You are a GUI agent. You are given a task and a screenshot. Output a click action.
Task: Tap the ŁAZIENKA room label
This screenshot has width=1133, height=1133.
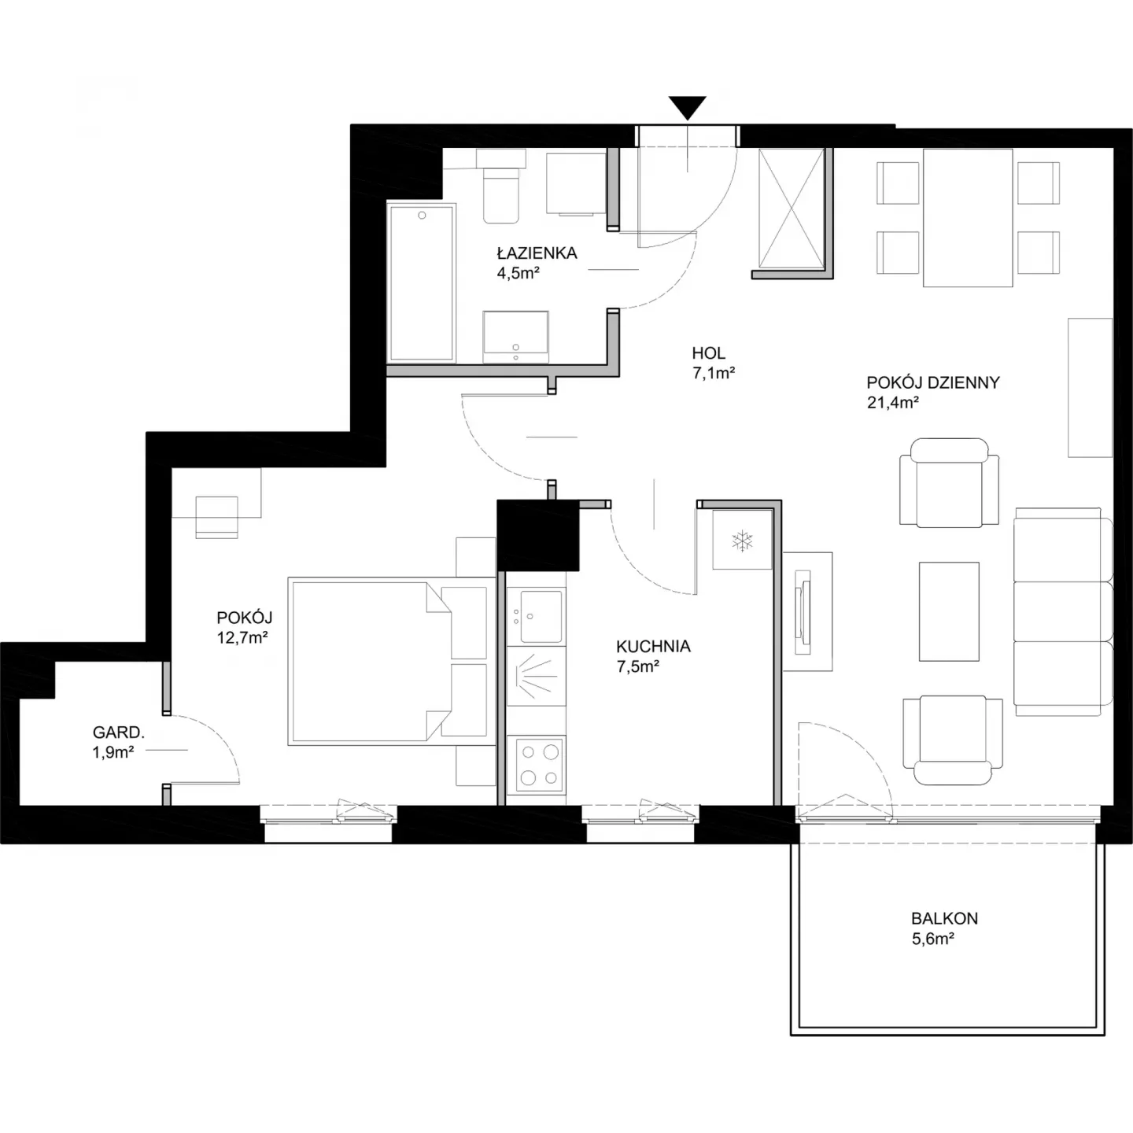pyautogui.click(x=537, y=253)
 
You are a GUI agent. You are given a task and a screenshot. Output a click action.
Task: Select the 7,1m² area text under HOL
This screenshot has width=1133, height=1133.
pyautogui.click(x=714, y=373)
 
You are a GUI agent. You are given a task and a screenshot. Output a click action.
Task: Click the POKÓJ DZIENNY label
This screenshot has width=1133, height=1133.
pyautogui.click(x=933, y=382)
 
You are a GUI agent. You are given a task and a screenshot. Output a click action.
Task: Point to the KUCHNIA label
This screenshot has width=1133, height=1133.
pyautogui.click(x=653, y=647)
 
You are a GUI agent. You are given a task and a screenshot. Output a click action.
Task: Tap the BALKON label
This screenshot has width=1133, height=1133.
pyautogui.click(x=944, y=918)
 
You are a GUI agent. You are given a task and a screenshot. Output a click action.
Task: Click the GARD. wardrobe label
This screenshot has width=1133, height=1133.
pyautogui.click(x=118, y=733)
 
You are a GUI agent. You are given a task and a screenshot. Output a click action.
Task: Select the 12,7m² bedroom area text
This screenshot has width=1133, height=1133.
pyautogui.click(x=242, y=637)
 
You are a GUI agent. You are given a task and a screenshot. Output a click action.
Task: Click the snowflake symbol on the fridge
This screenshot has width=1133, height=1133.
pyautogui.click(x=742, y=541)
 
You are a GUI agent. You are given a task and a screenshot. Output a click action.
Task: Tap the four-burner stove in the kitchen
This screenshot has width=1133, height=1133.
pyautogui.click(x=539, y=764)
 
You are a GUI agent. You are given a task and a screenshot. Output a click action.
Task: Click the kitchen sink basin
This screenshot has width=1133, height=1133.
pyautogui.click(x=541, y=616)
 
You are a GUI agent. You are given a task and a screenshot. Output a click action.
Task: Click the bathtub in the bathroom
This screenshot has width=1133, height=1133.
pyautogui.click(x=422, y=282)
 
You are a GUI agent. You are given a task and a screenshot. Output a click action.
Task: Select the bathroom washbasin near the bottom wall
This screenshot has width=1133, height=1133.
pyautogui.click(x=515, y=337)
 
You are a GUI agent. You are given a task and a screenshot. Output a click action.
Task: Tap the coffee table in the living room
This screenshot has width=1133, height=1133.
pyautogui.click(x=949, y=611)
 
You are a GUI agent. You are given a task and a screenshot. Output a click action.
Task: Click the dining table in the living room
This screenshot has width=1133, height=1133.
pyautogui.click(x=968, y=217)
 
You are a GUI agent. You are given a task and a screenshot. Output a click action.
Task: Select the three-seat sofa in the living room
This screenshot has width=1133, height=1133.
pyautogui.click(x=1063, y=611)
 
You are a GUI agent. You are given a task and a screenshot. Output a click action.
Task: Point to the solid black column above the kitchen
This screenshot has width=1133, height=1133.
pyautogui.click(x=538, y=535)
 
